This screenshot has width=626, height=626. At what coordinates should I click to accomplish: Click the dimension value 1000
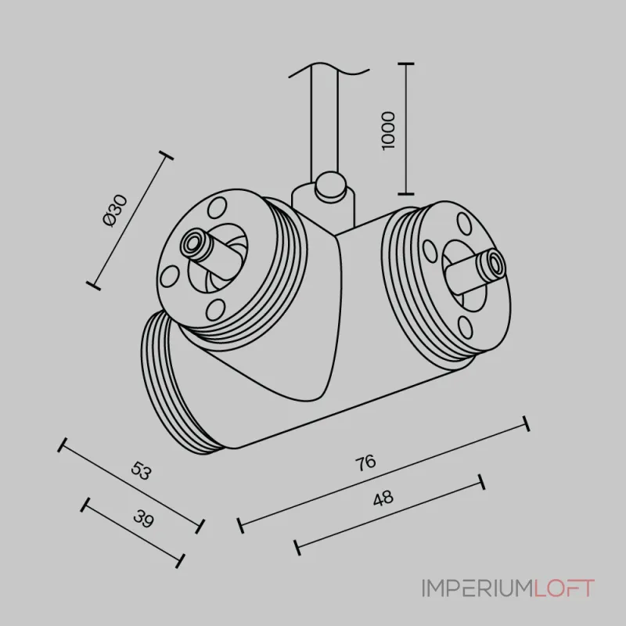(388, 131)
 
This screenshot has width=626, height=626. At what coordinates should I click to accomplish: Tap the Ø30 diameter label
(115, 210)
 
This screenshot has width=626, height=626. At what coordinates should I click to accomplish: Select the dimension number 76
(365, 462)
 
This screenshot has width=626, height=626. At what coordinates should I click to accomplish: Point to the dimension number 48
(383, 498)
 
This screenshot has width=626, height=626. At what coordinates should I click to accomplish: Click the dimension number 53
(142, 470)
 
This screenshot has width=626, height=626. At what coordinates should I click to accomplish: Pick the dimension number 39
(143, 519)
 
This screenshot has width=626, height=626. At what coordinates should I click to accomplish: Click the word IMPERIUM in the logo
(477, 588)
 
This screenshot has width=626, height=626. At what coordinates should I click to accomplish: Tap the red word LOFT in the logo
(563, 588)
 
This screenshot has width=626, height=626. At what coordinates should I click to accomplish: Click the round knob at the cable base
(330, 185)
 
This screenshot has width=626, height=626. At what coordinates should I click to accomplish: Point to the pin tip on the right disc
(494, 265)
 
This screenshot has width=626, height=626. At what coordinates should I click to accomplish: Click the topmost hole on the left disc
(217, 207)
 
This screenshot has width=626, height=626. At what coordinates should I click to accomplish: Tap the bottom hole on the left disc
(215, 310)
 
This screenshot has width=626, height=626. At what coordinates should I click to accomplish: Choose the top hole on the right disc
(464, 224)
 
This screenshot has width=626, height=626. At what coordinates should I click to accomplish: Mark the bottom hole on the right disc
(465, 327)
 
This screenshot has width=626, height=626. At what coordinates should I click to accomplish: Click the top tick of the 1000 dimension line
(406, 63)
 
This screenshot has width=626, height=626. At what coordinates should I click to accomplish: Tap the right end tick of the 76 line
(527, 423)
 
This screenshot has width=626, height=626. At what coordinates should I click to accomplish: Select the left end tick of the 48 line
(297, 548)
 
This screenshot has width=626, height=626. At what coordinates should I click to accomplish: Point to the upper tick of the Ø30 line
(166, 156)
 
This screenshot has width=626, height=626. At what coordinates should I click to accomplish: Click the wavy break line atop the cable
(329, 70)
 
